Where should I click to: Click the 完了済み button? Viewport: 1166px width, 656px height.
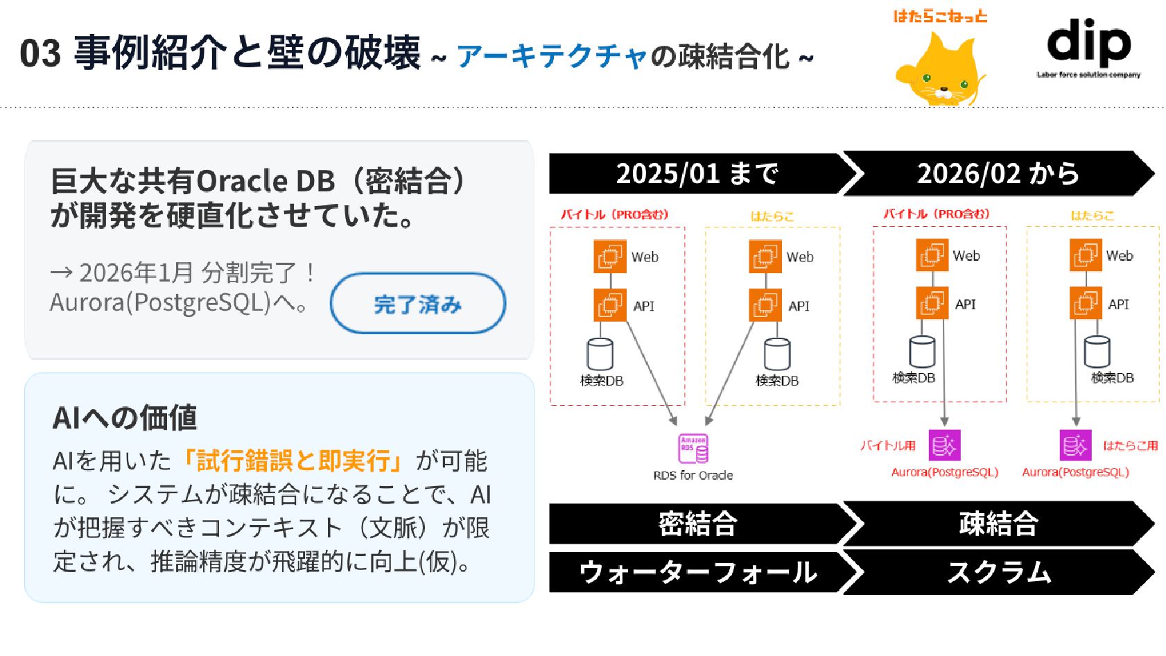[417, 304]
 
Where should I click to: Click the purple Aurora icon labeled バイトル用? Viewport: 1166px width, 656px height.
[944, 445]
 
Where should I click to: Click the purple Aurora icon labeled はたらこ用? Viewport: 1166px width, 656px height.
[1075, 445]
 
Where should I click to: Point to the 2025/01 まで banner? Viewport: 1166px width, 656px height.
[697, 173]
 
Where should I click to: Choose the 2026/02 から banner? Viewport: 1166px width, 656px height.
[998, 173]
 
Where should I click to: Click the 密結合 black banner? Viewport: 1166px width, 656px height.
[697, 524]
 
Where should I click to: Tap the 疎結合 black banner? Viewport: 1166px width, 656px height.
[998, 524]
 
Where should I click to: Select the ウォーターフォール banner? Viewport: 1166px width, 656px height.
[697, 573]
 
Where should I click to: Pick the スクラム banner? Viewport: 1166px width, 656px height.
[998, 573]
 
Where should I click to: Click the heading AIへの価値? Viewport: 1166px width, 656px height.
[125, 418]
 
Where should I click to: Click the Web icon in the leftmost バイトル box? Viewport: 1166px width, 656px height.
[609, 257]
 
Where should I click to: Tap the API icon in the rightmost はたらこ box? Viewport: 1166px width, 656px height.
[1086, 304]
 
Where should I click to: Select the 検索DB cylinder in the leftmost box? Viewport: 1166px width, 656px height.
[600, 354]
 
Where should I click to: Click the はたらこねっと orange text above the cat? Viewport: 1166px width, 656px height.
[940, 16]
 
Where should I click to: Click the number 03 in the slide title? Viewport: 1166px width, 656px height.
[40, 53]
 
